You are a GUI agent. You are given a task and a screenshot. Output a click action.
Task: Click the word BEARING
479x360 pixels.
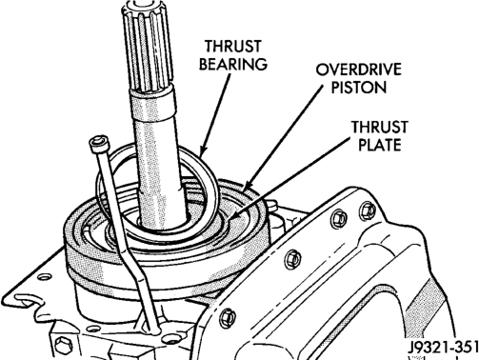tap(232, 64)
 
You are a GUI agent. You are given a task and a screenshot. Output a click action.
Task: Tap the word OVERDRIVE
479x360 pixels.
tap(359, 70)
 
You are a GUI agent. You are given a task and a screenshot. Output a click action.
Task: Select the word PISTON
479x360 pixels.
tap(359, 87)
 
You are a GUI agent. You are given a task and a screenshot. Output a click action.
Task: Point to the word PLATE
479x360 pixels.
tap(380, 145)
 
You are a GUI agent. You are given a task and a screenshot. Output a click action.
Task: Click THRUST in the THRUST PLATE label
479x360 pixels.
tap(379, 127)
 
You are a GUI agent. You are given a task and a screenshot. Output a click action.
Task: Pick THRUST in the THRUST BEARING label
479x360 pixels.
tap(233, 47)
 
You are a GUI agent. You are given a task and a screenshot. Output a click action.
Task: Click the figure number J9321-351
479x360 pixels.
tap(443, 347)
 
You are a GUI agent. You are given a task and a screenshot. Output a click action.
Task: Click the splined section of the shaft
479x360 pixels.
tap(147, 45)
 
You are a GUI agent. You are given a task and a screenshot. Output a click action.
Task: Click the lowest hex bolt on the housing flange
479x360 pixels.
tap(229, 317)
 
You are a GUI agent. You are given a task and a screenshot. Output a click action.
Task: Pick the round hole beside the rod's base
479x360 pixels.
tap(171, 338)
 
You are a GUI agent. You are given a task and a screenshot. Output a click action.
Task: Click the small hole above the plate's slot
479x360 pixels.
tap(44, 277)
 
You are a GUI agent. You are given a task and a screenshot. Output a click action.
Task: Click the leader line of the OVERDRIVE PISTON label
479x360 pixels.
tap(283, 136)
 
